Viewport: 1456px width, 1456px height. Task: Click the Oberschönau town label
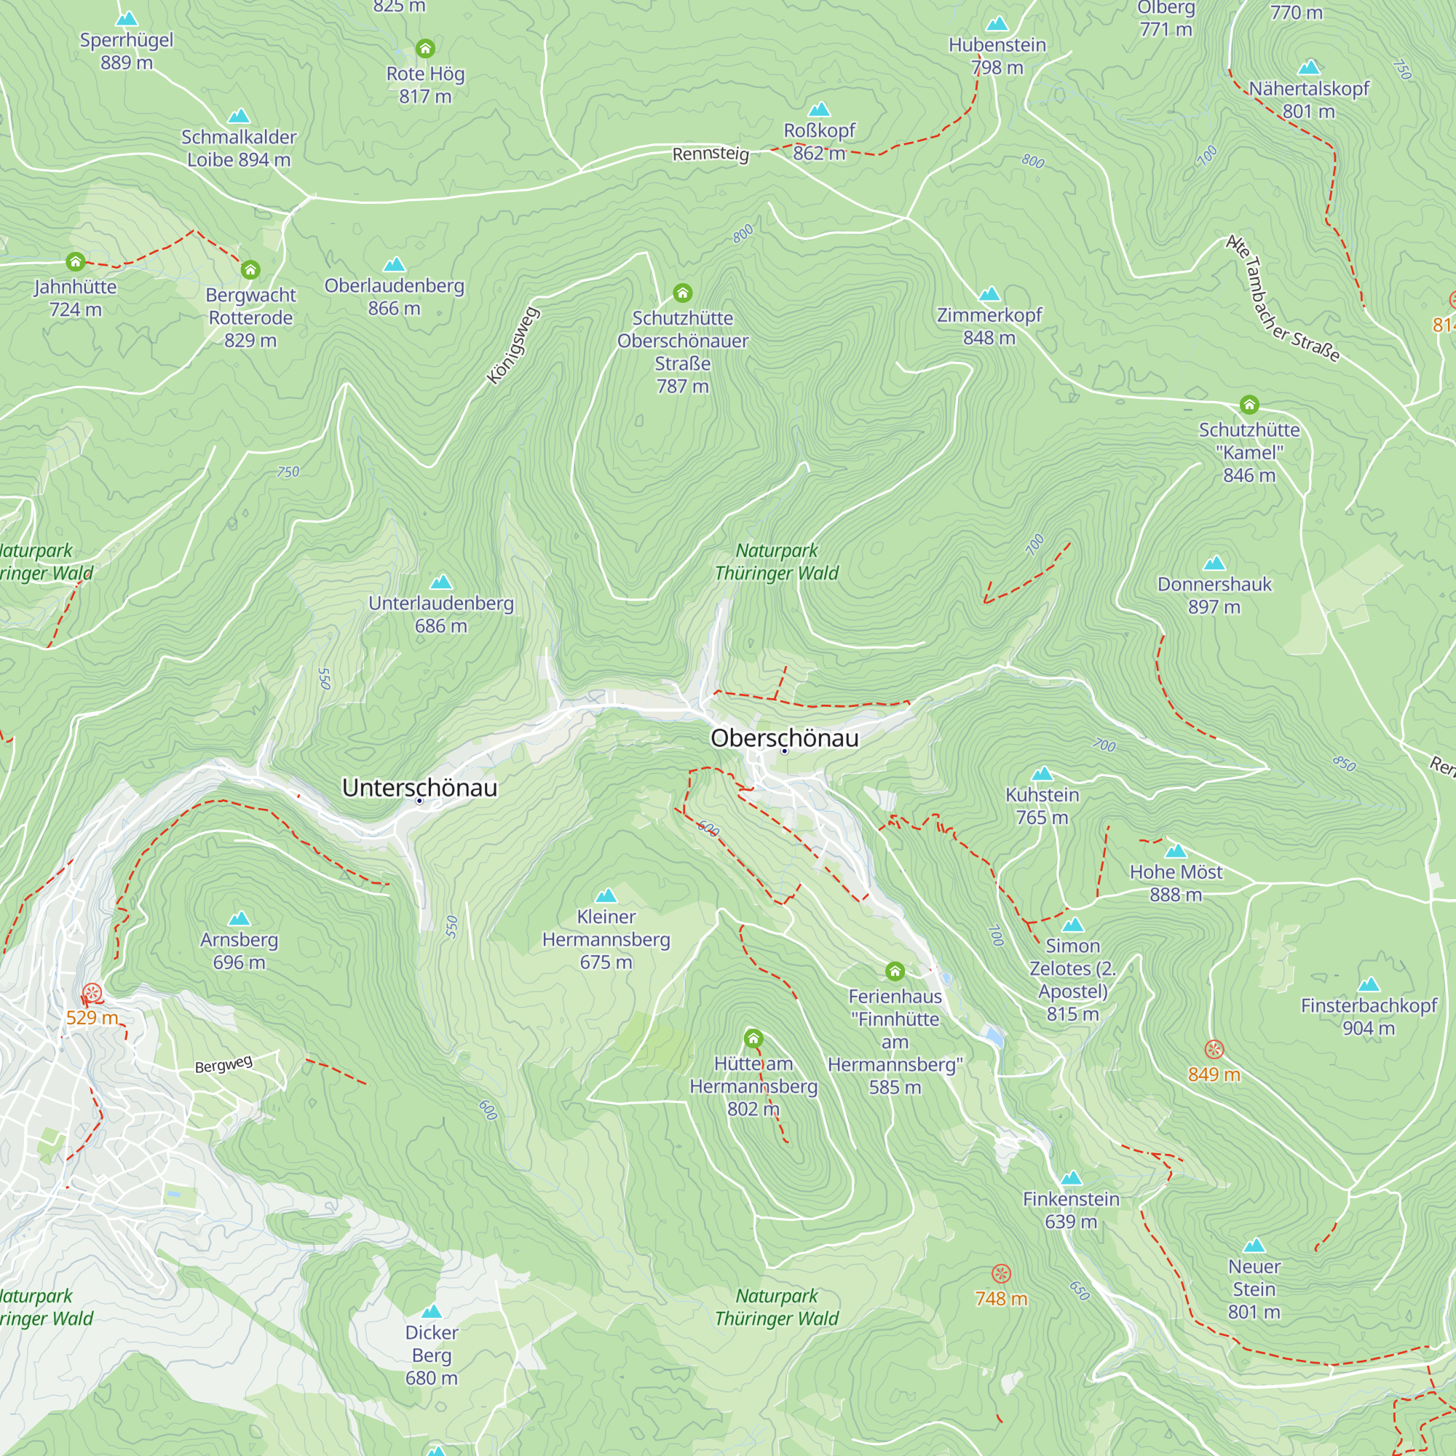point(784,737)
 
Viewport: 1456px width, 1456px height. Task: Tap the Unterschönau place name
point(419,788)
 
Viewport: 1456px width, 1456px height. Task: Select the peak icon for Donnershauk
point(1214,563)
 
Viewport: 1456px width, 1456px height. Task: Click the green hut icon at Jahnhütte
point(76,261)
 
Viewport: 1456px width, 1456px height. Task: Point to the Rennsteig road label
point(710,154)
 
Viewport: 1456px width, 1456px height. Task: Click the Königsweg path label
point(513,345)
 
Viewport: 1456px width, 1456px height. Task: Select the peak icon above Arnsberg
point(239,918)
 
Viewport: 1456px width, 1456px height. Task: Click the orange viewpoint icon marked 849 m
point(1214,1050)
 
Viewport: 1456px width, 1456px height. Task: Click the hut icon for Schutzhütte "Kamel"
point(1249,405)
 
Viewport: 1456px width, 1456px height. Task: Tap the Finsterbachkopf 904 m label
point(1369,1016)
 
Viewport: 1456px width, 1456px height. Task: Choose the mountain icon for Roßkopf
point(819,110)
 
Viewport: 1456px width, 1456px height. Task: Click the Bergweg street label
point(223,1064)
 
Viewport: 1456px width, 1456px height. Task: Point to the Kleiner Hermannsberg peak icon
point(606,895)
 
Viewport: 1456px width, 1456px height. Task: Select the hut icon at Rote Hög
point(425,49)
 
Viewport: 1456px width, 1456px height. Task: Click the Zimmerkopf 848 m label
point(989,325)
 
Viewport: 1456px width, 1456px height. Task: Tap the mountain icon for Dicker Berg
point(431,1312)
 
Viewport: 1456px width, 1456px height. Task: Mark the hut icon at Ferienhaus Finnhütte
point(895,970)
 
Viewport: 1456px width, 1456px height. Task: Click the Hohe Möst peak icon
point(1176,852)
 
